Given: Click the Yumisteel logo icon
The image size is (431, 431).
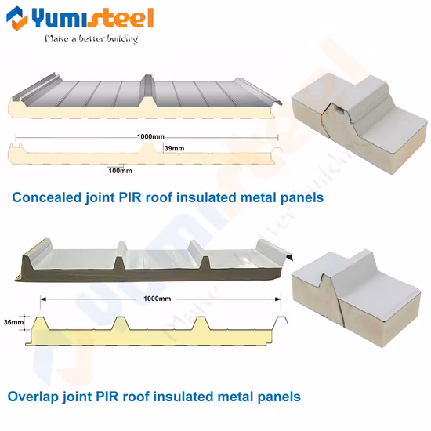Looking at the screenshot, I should [x=16, y=18].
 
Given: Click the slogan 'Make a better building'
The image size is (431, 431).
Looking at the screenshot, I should [x=91, y=38].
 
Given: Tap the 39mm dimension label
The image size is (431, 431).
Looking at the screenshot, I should [x=175, y=148].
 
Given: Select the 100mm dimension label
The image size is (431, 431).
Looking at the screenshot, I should [x=120, y=170].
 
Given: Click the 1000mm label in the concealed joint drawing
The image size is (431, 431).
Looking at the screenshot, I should [x=150, y=137].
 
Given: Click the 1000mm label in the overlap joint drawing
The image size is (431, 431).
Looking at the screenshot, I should [x=159, y=299].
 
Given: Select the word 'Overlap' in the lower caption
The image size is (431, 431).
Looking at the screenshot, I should [x=34, y=397].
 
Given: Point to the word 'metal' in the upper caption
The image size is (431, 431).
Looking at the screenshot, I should [x=256, y=197].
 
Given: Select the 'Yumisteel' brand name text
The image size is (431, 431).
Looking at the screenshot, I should [x=96, y=17].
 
